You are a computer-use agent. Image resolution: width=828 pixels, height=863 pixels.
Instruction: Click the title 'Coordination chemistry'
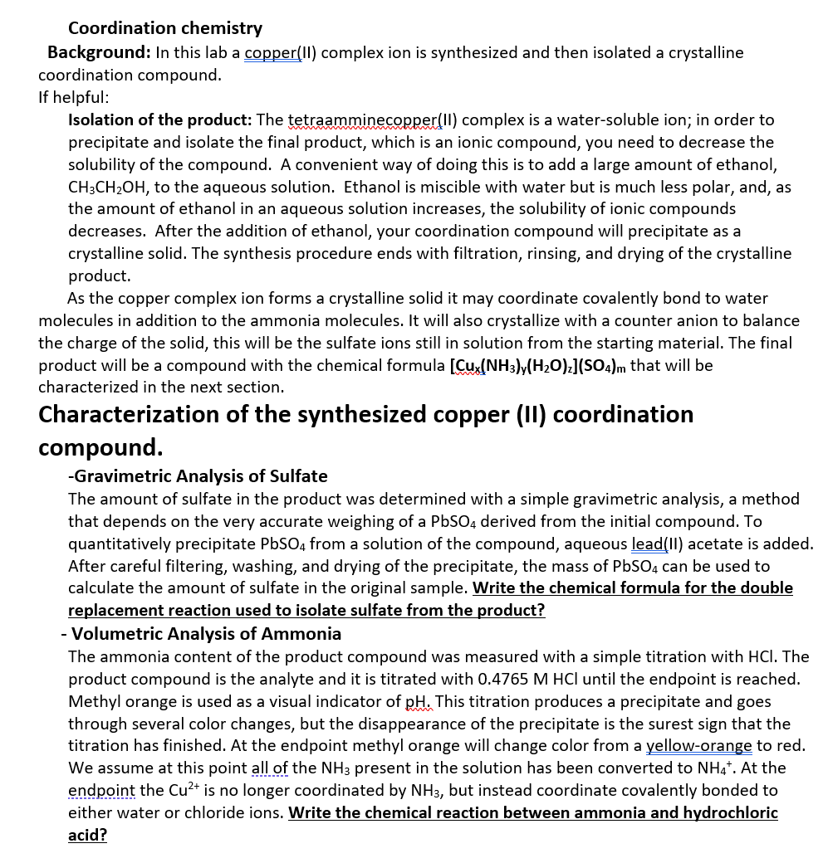[164, 28]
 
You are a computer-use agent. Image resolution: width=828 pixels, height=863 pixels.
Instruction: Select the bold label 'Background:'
[99, 52]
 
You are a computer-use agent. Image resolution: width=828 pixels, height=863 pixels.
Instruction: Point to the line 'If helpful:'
[74, 97]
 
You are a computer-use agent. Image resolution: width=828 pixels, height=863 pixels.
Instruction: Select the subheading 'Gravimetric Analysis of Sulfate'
[199, 476]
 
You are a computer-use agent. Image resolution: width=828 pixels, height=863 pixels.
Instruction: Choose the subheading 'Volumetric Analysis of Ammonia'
[206, 634]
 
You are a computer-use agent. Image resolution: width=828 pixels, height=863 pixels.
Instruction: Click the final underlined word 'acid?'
[87, 835]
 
